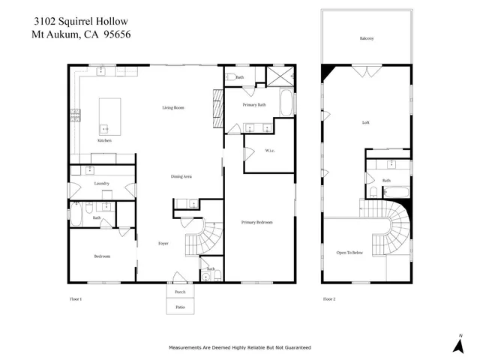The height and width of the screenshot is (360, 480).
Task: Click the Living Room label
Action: [x=173, y=108]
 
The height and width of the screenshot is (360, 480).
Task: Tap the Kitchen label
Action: [x=104, y=141]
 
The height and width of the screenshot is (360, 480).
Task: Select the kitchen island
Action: [x=109, y=114]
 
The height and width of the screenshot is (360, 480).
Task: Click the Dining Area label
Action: [x=182, y=176]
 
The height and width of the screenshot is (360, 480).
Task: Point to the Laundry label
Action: [x=103, y=184]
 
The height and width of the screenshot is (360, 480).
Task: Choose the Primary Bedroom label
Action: [x=256, y=223]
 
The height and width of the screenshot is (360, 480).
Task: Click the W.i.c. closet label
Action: [x=270, y=151]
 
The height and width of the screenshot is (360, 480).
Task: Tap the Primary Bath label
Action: [x=255, y=105]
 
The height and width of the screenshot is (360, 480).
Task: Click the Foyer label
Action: [x=163, y=244]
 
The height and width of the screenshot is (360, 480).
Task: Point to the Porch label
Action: [x=180, y=292]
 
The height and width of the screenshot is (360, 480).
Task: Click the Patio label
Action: [x=180, y=307]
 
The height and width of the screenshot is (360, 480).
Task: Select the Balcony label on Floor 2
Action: [x=367, y=37]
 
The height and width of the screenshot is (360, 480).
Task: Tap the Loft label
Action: [x=365, y=122]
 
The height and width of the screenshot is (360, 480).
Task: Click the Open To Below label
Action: [x=349, y=253]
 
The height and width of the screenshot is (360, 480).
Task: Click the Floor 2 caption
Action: [x=329, y=298]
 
